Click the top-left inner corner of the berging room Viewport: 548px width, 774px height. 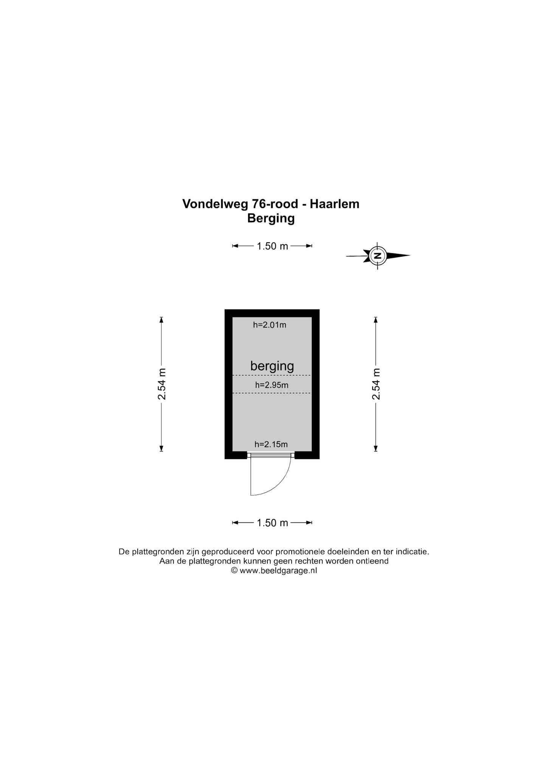coord(232,317)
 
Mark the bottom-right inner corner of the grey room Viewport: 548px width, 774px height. coord(312,451)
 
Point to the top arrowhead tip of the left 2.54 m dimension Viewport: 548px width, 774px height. coord(161,317)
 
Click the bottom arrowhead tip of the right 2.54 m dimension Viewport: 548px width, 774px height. coord(376,452)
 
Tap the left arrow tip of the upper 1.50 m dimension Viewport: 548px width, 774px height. coord(232,246)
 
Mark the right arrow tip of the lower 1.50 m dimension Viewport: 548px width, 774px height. coord(312,523)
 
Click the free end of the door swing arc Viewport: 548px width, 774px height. coord(251,495)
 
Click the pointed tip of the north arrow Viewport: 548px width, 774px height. coord(410,255)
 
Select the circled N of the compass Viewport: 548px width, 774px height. coord(377,255)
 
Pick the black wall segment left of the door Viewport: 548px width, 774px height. coord(236,455)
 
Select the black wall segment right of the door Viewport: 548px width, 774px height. coord(307,455)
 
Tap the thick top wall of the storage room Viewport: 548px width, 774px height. coord(272,313)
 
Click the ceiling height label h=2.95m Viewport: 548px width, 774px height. coord(272,385)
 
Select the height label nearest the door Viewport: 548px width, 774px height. coord(271,444)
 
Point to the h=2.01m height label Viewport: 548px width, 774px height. coord(270,325)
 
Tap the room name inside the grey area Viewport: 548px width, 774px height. coord(272,366)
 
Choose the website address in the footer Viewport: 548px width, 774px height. coord(278,571)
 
